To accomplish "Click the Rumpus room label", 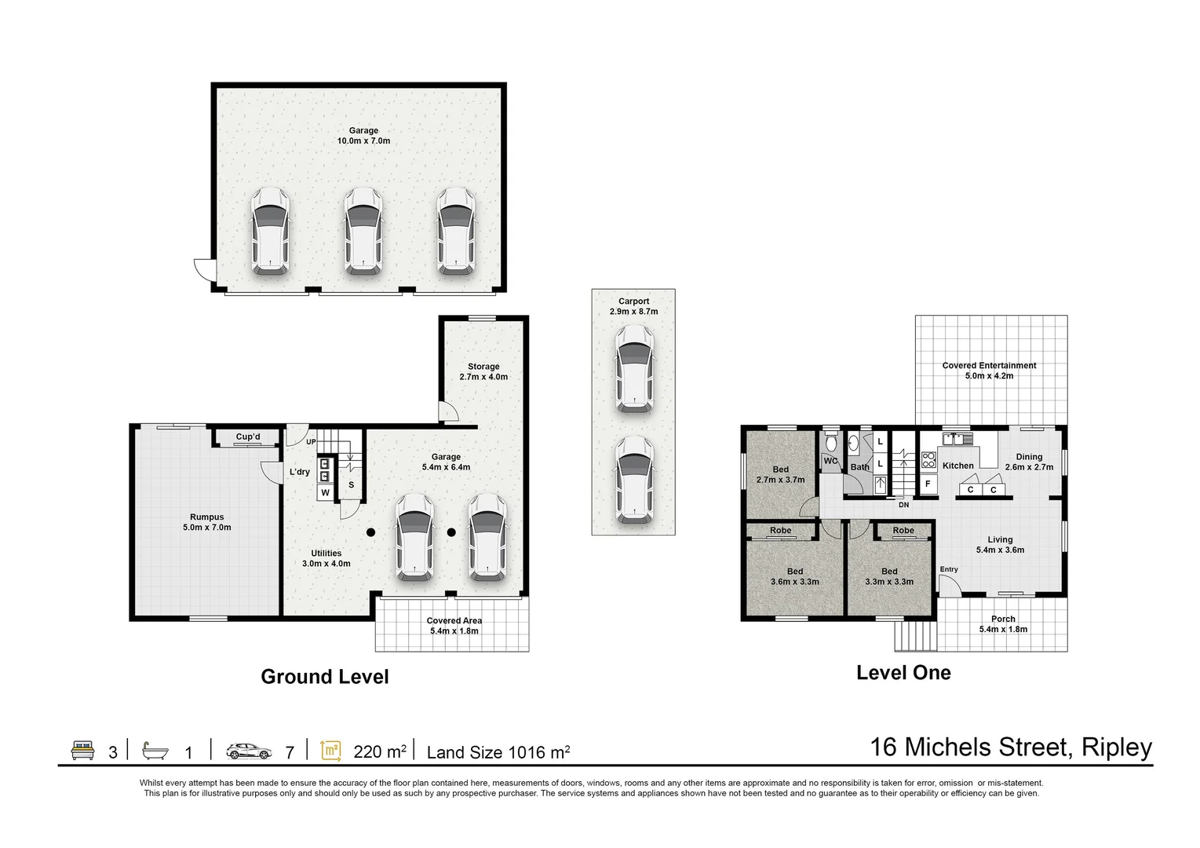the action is (x=206, y=522).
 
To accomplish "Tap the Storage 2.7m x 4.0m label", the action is (x=483, y=371).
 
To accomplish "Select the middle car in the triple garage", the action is (x=363, y=232).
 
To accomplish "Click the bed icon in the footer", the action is (x=83, y=751).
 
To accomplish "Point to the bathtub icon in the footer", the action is (x=155, y=751).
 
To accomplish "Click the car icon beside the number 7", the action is (x=249, y=751).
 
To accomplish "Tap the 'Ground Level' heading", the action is (x=325, y=677).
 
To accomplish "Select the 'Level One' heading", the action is (x=904, y=673).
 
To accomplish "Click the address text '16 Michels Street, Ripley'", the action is (x=1011, y=747).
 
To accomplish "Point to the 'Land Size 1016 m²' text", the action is (x=498, y=752).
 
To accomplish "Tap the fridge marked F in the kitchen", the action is (x=928, y=484).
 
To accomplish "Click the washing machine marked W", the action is (x=325, y=492).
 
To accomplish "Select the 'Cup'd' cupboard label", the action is (x=248, y=437).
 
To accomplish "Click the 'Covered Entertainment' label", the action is (x=990, y=366).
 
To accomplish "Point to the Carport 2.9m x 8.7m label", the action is (x=634, y=306).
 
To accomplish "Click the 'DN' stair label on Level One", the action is (x=904, y=505).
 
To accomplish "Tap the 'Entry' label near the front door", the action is (x=949, y=569).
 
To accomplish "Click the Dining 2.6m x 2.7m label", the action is (x=1029, y=462).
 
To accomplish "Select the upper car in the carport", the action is (x=634, y=369).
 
